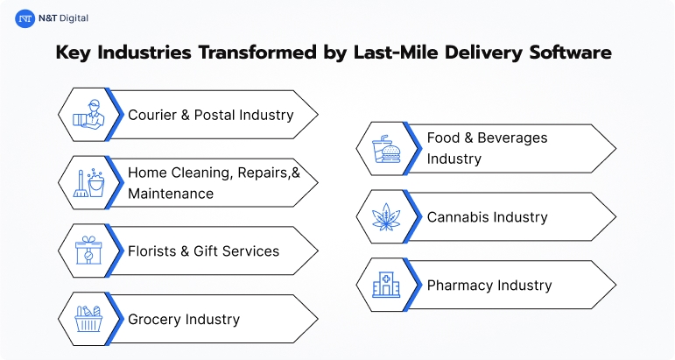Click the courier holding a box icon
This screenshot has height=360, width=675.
[85, 114]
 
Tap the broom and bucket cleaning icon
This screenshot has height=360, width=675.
[85, 182]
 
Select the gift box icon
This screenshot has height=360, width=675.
[85, 251]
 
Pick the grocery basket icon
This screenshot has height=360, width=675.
[85, 319]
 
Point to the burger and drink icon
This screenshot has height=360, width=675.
[383, 149]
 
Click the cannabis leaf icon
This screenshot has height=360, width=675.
[383, 217]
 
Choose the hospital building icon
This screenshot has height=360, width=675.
[383, 285]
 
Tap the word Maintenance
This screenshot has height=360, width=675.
[171, 193]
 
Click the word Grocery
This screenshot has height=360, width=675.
[153, 320]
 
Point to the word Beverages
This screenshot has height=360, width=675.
[516, 138]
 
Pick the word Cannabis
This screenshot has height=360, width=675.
[459, 217]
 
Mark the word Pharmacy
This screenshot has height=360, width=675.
[460, 286]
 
